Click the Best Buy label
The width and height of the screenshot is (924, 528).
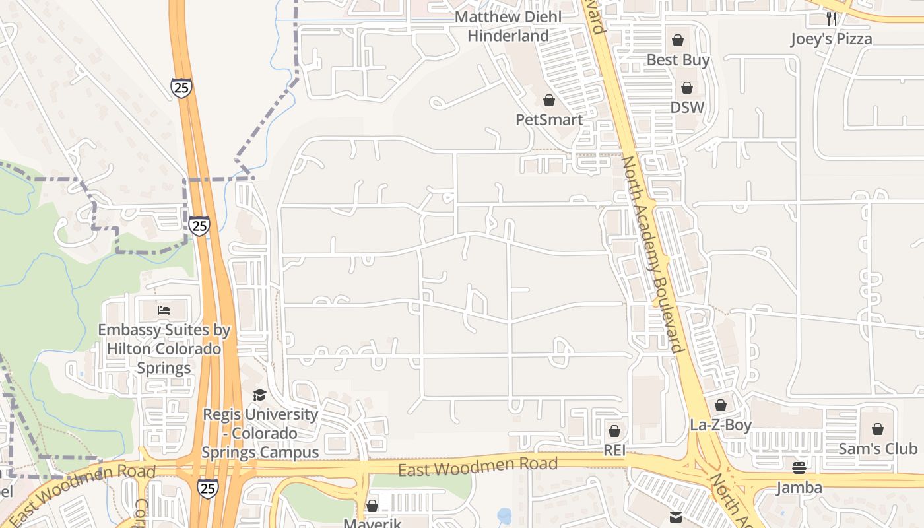(x=678, y=60)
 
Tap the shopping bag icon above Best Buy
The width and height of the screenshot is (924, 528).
(x=678, y=40)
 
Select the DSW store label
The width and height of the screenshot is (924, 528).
(x=687, y=107)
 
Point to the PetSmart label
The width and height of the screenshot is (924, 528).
(x=549, y=119)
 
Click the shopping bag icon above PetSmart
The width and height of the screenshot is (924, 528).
(x=549, y=100)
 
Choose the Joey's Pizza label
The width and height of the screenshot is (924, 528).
(x=831, y=39)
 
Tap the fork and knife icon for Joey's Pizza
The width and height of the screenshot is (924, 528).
(x=832, y=18)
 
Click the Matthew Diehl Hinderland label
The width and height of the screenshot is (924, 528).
(x=508, y=26)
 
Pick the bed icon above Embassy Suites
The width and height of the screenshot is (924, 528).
(x=163, y=309)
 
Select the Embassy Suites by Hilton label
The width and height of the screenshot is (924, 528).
(x=164, y=348)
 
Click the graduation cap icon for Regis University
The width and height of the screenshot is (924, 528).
(x=259, y=395)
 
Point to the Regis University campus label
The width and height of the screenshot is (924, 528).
(x=260, y=434)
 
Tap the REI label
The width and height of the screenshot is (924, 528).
(x=614, y=450)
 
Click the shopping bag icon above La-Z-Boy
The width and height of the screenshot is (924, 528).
(x=721, y=405)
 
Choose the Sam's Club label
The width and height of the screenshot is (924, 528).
(x=877, y=449)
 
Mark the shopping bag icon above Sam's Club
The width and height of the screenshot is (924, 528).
(x=877, y=430)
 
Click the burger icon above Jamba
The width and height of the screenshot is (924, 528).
(x=799, y=468)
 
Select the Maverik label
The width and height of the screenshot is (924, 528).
(x=372, y=523)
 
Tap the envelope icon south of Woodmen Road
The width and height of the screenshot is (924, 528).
(x=675, y=517)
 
